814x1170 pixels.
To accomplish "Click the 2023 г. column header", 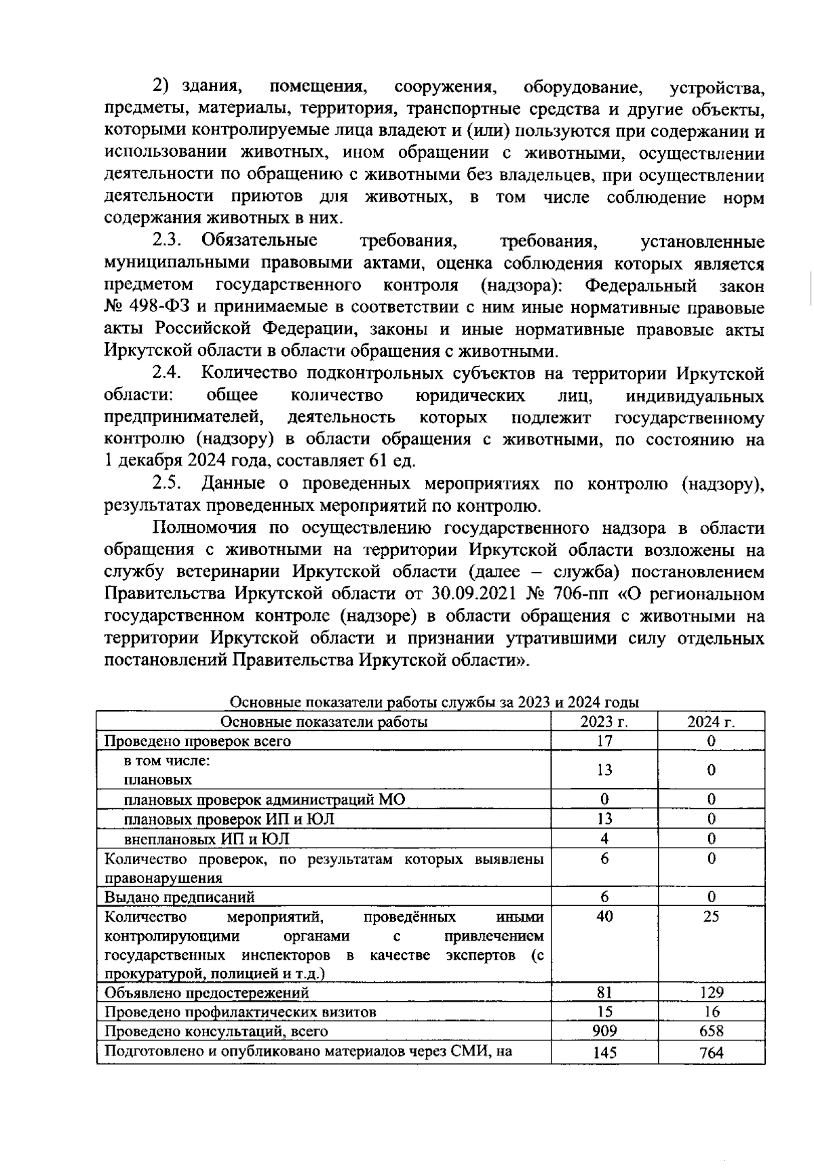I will click(x=604, y=721).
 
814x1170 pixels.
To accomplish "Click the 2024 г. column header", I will click(x=711, y=721).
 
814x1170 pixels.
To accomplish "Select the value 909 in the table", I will click(x=604, y=1031).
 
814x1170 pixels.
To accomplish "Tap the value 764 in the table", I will click(x=711, y=1053).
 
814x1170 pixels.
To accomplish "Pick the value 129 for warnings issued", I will click(x=711, y=992).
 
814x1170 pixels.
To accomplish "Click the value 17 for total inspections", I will click(x=604, y=741).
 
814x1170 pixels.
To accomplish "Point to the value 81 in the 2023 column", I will click(x=604, y=992).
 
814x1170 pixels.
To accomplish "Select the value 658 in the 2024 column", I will click(x=711, y=1031).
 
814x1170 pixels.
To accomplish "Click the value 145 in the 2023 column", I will click(x=604, y=1053).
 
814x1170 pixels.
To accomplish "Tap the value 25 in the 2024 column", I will click(x=711, y=916).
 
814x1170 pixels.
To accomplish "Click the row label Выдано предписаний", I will click(x=179, y=897).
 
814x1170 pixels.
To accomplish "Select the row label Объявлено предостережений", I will click(x=206, y=993).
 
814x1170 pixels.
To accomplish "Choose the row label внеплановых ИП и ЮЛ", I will click(x=207, y=839).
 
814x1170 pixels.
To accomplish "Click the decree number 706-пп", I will click(x=584, y=593).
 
